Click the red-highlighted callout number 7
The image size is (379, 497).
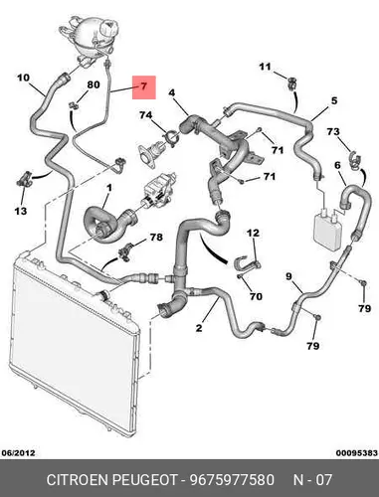143,86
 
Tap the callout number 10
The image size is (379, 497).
23,78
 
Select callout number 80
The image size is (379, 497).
94,84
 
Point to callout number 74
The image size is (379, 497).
145,115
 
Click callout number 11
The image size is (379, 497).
265,67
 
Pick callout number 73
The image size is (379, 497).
333,132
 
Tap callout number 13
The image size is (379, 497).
21,211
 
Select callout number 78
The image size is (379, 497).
156,238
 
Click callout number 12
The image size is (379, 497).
253,233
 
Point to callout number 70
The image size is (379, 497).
256,296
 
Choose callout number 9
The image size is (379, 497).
288,276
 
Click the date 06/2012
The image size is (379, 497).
18,452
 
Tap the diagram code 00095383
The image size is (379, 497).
357,452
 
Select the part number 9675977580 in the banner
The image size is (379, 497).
232,480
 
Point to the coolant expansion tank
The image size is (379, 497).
91,37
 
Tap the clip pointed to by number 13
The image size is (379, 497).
24,179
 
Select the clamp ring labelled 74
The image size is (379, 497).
171,138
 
